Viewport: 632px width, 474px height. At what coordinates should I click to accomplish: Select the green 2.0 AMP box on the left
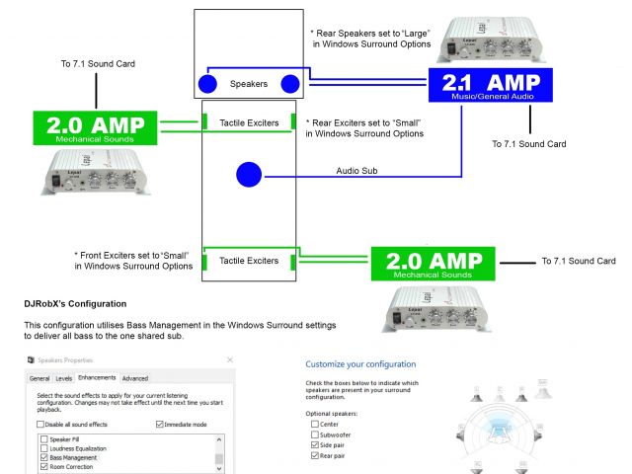click(x=96, y=129)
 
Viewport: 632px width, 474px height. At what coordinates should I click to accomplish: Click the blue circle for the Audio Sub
click(x=248, y=176)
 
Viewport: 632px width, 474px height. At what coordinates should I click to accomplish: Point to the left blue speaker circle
click(x=208, y=85)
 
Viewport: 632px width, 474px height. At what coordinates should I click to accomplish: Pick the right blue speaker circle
click(x=289, y=85)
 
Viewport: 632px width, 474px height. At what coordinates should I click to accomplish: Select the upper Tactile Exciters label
click(x=248, y=123)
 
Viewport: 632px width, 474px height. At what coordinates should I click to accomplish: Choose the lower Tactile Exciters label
click(x=248, y=261)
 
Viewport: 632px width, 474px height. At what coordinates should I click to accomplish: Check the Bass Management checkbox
click(x=43, y=458)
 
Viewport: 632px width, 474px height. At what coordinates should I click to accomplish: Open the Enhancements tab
click(x=97, y=378)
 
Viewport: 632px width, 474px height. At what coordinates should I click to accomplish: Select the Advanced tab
click(x=135, y=378)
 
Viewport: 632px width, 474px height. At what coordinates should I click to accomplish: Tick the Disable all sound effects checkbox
click(x=41, y=425)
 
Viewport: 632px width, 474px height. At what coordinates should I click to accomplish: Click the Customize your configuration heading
click(x=360, y=364)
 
